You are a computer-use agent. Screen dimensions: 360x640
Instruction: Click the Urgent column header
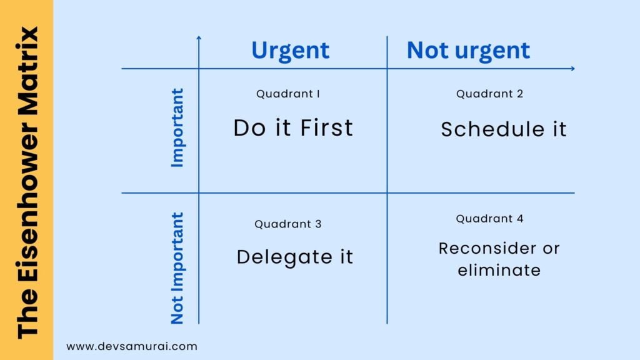290,51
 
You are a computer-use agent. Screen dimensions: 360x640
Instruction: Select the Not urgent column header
468,51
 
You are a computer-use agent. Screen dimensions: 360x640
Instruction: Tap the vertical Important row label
178,127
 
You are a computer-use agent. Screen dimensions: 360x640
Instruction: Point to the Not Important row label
178,268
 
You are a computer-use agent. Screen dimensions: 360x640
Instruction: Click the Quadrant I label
288,94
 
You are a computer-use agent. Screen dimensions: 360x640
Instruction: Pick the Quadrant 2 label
489,94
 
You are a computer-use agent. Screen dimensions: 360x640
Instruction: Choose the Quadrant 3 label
288,224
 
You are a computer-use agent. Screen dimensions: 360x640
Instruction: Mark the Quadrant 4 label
489,219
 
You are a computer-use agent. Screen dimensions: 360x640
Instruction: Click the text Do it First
293,128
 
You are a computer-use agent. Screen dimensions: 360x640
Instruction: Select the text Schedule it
504,129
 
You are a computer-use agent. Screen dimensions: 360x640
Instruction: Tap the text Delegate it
295,257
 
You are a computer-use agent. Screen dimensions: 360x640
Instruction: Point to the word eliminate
499,271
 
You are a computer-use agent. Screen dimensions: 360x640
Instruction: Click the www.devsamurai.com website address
132,346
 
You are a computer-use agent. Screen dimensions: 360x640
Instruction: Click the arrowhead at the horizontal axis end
572,69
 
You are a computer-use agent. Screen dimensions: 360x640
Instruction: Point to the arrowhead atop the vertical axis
199,38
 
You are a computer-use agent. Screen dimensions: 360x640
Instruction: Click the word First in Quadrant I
326,128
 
